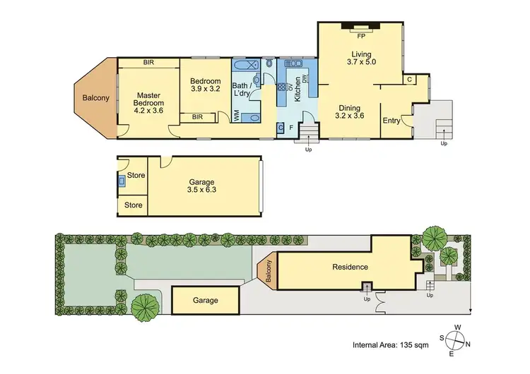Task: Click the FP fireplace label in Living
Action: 360,35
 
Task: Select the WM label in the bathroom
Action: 235,117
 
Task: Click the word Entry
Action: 391,121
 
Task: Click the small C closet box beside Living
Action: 409,80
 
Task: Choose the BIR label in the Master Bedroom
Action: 149,63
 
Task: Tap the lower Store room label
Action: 134,205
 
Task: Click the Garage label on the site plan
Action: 206,300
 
